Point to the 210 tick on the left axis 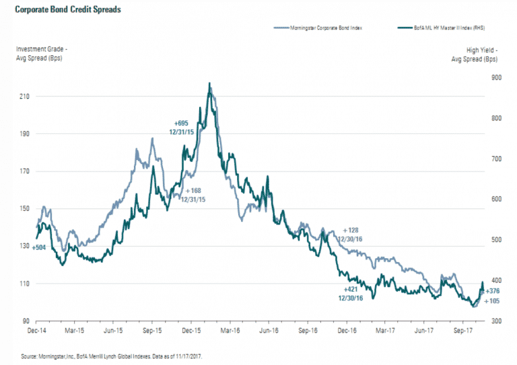pyautogui.click(x=24, y=96)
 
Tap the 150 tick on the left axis pyautogui.click(x=24, y=208)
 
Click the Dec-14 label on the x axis pyautogui.click(x=36, y=331)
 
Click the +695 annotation pyautogui.click(x=181, y=124)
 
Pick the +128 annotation pyautogui.click(x=352, y=229)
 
